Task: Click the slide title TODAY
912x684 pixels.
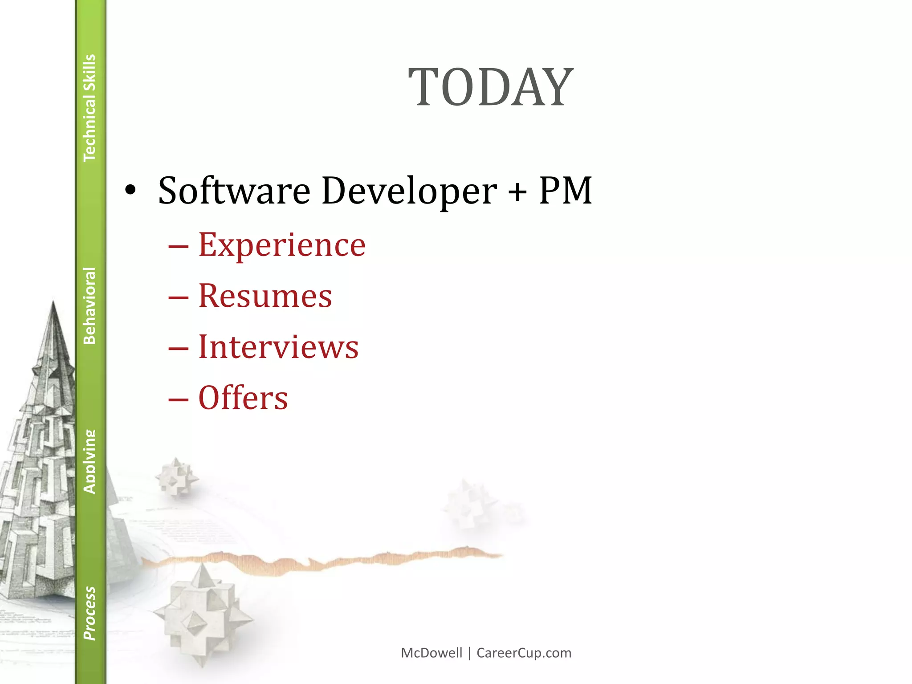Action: (x=491, y=87)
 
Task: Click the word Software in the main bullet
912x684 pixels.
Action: (x=234, y=191)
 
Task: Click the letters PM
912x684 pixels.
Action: (x=565, y=191)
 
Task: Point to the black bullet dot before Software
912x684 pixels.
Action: (x=130, y=191)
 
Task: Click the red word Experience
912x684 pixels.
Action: (x=282, y=245)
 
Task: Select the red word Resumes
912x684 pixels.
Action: (x=265, y=296)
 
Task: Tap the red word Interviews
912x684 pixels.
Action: (x=278, y=347)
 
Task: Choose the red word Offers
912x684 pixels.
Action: (x=243, y=398)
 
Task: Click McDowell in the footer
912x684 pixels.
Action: (x=432, y=653)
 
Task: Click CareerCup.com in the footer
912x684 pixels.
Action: (x=524, y=653)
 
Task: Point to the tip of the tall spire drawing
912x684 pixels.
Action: (x=53, y=303)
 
